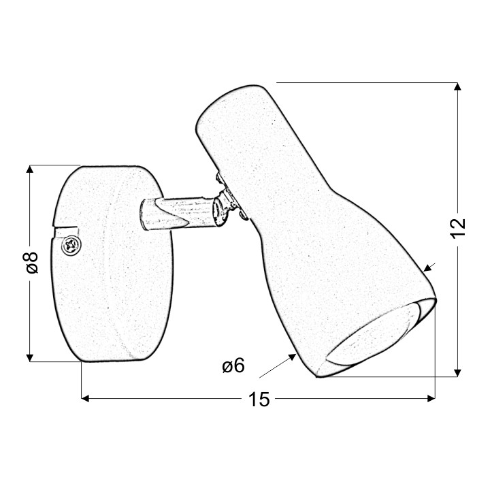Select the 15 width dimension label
[x=259, y=399]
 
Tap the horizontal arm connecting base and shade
[x=178, y=214]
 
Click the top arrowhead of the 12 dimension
[x=458, y=86]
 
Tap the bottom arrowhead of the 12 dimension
[x=458, y=373]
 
